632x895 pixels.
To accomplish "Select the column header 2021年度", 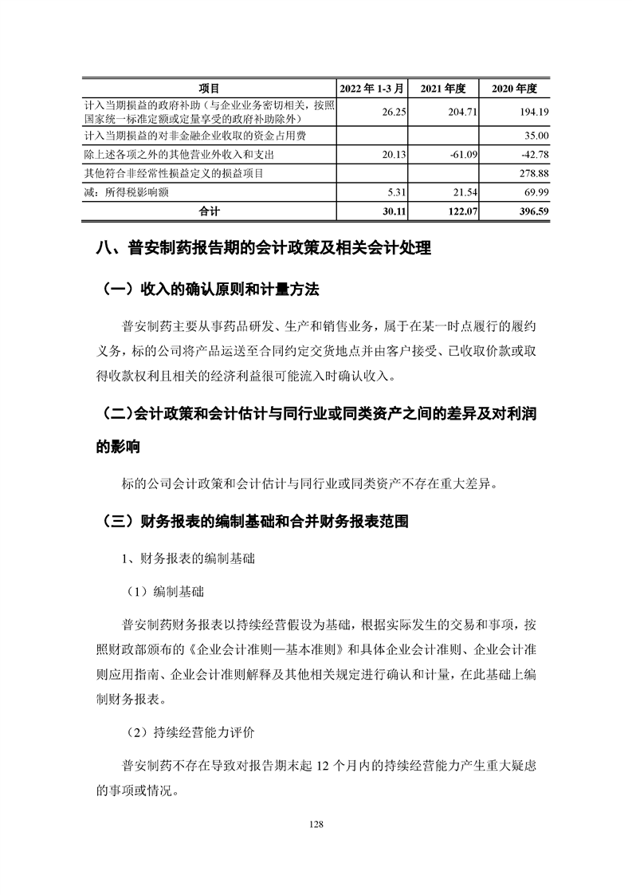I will (x=448, y=87).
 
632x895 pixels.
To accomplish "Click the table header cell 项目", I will (x=209, y=87).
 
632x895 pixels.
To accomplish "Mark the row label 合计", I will (x=209, y=211).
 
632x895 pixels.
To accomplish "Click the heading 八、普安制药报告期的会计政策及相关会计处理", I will (x=263, y=249).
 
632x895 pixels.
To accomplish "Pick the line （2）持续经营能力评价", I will (x=190, y=730).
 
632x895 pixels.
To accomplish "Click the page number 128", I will (x=316, y=824).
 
